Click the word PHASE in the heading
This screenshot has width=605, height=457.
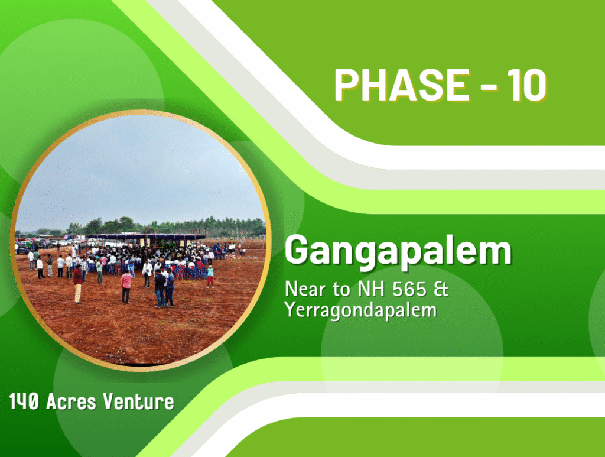[x=402, y=85]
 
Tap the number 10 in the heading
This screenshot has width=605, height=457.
[x=527, y=85]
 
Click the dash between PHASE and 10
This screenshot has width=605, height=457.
[x=489, y=86]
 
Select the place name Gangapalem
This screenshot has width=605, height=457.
[x=398, y=252]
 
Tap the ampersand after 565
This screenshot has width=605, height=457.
[x=441, y=290]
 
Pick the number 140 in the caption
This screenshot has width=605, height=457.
[x=24, y=401]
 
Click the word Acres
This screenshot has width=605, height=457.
[x=71, y=401]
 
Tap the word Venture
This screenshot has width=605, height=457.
[x=138, y=401]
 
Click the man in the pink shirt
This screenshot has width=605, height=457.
[x=126, y=286]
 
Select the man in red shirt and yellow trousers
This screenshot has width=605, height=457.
[x=77, y=284]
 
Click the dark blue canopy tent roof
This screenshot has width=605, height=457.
[x=147, y=236]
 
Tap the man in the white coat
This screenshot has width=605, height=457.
[x=147, y=273]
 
